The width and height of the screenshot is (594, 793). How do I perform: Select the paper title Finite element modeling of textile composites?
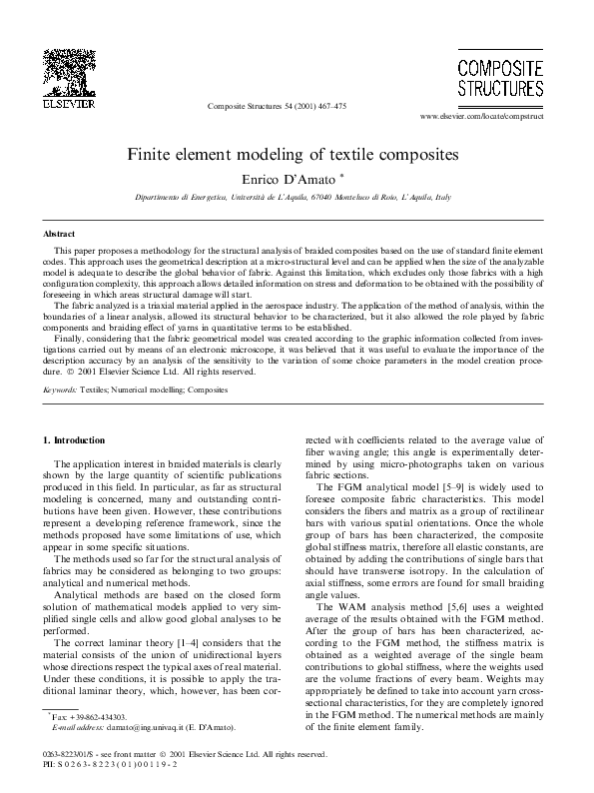click(291, 156)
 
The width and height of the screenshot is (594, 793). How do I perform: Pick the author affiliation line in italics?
click(293, 198)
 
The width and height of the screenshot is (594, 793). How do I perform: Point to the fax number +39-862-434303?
click(100, 718)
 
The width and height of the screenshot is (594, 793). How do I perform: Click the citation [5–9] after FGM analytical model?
click(455, 514)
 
